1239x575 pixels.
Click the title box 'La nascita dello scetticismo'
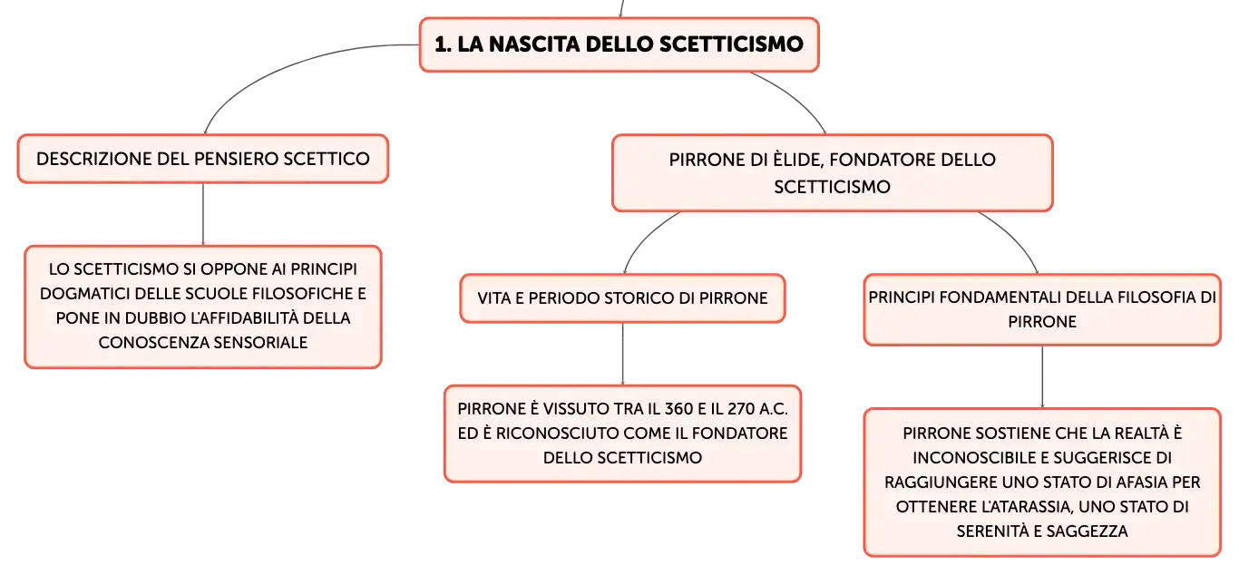tap(619, 44)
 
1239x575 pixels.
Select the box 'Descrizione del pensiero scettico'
tap(203, 159)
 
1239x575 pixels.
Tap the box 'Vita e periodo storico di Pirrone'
tap(622, 298)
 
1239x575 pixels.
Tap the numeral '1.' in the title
tap(443, 44)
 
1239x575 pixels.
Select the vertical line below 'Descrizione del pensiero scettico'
tap(203, 214)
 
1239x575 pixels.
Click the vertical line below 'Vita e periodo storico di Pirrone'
tap(623, 354)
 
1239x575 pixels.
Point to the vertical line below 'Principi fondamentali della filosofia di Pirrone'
tap(1043, 377)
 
